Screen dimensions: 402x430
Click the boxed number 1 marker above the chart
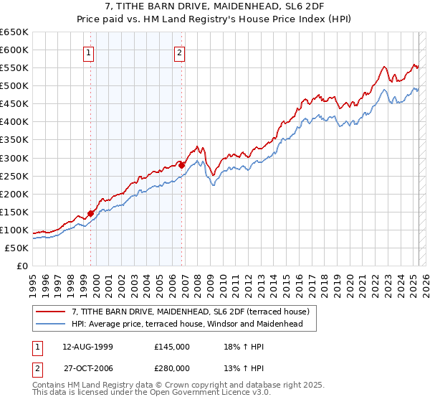(88, 52)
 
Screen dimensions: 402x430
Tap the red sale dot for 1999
(91, 213)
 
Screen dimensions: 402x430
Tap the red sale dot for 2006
(182, 164)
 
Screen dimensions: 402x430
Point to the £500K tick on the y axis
(14, 85)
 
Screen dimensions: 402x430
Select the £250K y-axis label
(14, 176)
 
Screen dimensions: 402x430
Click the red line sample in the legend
(51, 312)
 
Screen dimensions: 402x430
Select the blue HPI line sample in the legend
(51, 324)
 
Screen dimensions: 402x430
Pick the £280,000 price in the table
(171, 368)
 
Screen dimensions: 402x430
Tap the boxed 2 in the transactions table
(36, 368)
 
